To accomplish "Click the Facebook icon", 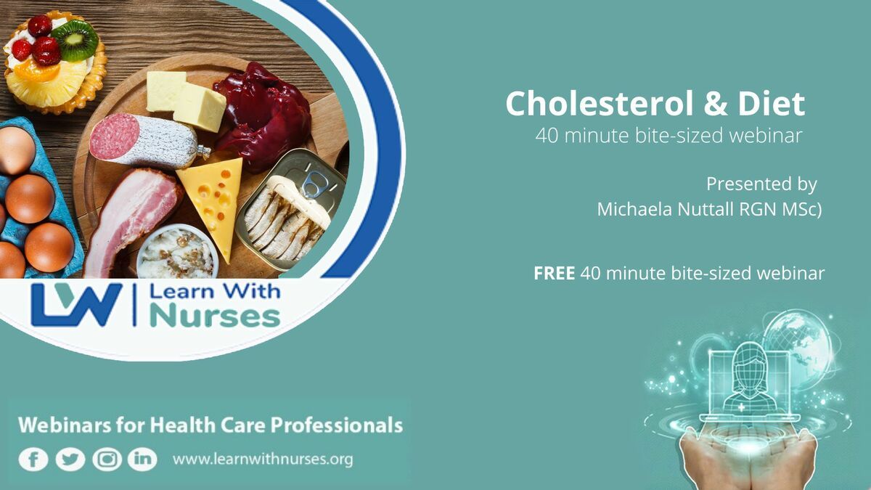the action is [33, 460].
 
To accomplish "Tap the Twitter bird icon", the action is [70, 460].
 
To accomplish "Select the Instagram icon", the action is [107, 460].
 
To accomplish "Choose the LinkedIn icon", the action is [142, 460].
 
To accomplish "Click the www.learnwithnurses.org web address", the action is [263, 460].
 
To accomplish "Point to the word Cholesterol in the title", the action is [600, 103].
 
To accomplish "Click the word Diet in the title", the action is [771, 103].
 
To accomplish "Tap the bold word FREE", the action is [554, 273].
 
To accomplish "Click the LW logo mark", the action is [76, 305].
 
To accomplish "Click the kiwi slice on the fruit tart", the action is [75, 40].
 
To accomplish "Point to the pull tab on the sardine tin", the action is [314, 184].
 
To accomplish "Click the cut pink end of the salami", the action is [114, 136].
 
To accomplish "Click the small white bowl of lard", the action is [177, 251].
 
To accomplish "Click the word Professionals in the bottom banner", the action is [336, 425].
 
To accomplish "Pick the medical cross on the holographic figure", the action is [741, 407].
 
